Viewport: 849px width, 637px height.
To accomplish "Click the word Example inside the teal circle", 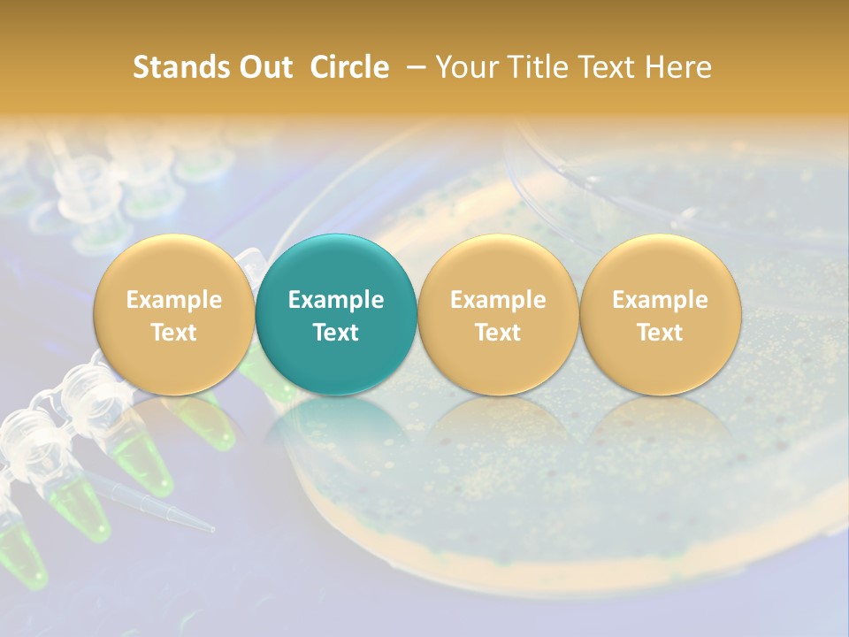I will [x=336, y=300].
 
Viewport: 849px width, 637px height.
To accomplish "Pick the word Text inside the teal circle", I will [x=336, y=333].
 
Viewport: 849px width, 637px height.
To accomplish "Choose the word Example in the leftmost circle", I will [x=173, y=300].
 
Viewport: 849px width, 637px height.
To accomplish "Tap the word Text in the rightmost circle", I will [x=660, y=333].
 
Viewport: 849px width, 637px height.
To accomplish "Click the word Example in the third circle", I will [x=498, y=300].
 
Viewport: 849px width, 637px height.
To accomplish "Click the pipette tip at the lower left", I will [x=177, y=513].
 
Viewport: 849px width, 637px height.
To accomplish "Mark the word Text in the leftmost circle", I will [x=173, y=333].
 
